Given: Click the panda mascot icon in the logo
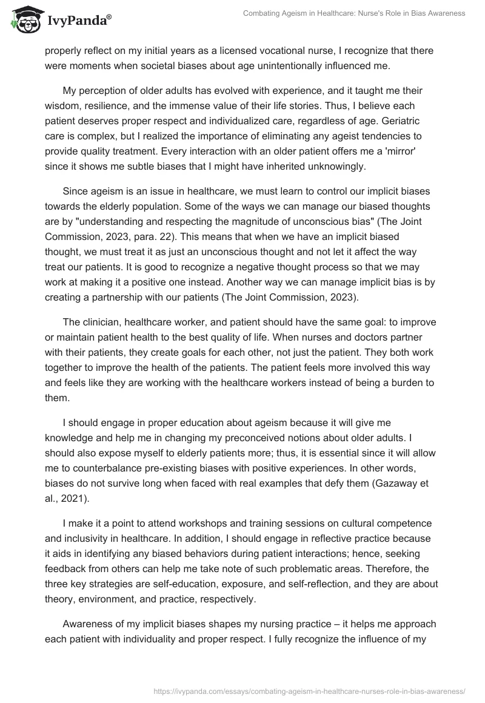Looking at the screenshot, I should pyautogui.click(x=24, y=20).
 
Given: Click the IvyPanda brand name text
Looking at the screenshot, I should pyautogui.click(x=78, y=21).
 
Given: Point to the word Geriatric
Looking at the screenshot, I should pyautogui.click(x=404, y=119).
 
